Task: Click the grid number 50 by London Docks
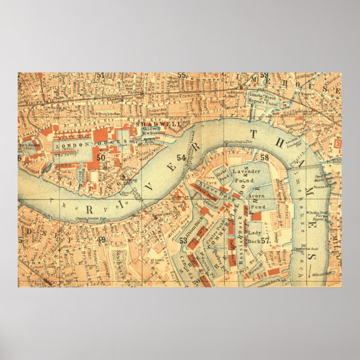pyautogui.click(x=101, y=158)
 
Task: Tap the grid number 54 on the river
pyautogui.click(x=181, y=158)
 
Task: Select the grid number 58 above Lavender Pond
pyautogui.click(x=264, y=158)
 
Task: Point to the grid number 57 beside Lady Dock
pyautogui.click(x=266, y=241)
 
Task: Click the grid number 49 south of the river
pyautogui.click(x=101, y=240)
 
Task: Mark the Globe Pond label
pyautogui.click(x=222, y=174)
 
